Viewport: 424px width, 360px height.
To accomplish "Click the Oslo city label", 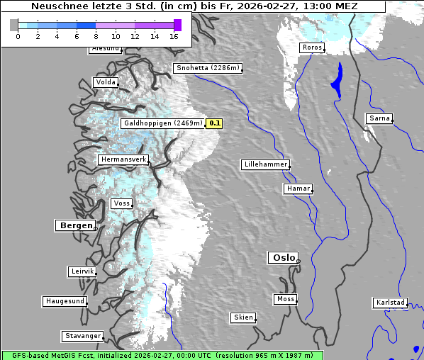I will pos(283,258).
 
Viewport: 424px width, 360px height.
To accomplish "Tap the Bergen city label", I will pos(74,225).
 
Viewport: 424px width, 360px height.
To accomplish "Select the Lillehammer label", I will pos(265,164).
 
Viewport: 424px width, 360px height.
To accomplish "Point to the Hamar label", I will pos(297,189).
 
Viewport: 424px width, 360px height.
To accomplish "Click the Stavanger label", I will pos(82,336).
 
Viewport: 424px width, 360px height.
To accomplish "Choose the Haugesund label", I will pos(65,301).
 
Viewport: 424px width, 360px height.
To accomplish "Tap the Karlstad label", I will pos(390,303).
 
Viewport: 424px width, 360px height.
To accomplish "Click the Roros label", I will pos(311,47).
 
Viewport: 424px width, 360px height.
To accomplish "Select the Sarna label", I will pos(379,118).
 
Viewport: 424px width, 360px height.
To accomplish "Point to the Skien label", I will pos(242,317).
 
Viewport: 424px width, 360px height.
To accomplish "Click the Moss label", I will pos(285,299).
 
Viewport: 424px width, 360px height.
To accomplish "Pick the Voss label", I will pos(121,203).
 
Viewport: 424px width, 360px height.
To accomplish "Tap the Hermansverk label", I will pos(123,160).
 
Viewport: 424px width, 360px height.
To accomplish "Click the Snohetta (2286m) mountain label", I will pos(208,69).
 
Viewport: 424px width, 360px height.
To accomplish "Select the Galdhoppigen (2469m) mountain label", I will pos(162,123).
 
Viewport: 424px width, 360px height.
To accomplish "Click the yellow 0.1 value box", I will pos(215,123).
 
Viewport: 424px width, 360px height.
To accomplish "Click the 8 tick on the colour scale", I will pos(96,35).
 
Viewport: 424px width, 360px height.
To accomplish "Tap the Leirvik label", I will pos(82,271).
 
